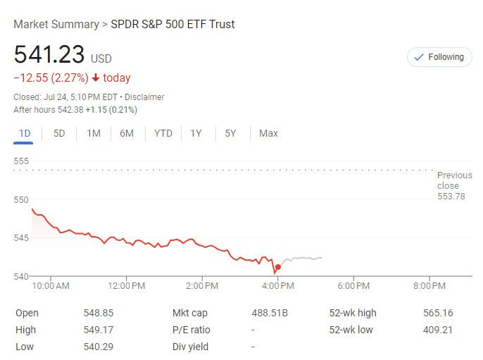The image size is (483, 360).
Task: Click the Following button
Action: click(439, 57)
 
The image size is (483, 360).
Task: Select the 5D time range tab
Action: click(59, 133)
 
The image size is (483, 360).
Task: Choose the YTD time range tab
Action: click(163, 133)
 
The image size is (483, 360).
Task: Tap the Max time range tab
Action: click(268, 133)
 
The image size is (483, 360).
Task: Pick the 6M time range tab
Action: click(127, 133)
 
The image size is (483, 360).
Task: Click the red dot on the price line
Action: click(278, 267)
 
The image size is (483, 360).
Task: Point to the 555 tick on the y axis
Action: click(21, 161)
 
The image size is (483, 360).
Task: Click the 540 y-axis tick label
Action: click(21, 275)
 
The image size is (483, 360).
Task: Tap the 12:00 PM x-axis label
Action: click(127, 285)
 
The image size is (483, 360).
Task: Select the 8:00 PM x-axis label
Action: click(429, 285)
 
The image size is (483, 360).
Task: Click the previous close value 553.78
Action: click(451, 197)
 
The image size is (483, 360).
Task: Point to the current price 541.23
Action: click(49, 55)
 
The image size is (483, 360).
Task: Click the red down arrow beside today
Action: click(96, 78)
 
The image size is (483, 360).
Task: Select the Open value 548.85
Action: click(99, 313)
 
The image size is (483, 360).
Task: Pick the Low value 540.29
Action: click(99, 347)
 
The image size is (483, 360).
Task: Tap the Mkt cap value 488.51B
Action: click(270, 313)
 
